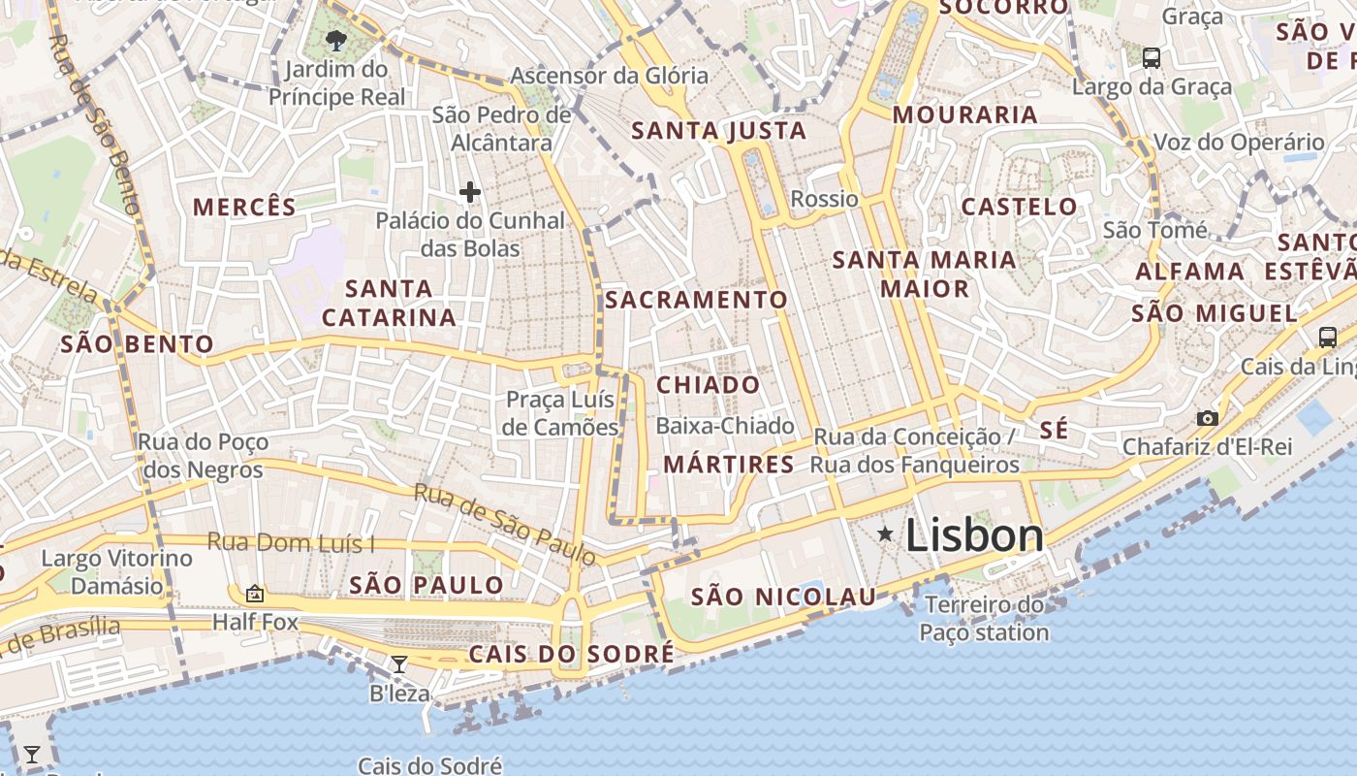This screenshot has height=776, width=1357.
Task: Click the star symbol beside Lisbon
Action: click(885, 533)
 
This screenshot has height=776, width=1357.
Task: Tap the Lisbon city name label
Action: click(974, 535)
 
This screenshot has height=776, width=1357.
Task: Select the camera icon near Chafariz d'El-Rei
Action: click(1207, 418)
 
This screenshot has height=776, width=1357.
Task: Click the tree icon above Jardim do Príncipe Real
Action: click(336, 41)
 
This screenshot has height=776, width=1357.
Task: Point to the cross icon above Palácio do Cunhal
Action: click(470, 192)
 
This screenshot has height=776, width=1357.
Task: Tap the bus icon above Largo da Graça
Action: click(1152, 57)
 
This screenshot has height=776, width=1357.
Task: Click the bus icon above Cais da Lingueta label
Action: click(1327, 338)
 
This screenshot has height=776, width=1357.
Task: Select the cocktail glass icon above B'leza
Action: click(398, 664)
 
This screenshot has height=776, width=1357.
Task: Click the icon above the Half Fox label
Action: click(255, 594)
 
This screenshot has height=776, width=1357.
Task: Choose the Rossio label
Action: click(825, 199)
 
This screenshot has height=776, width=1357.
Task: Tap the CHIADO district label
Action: click(709, 385)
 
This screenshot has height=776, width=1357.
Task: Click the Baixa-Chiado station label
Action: click(725, 426)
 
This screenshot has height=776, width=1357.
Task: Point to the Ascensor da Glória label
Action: click(609, 76)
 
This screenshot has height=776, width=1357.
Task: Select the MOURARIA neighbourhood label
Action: click(964, 114)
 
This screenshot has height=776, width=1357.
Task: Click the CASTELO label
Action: click(1019, 207)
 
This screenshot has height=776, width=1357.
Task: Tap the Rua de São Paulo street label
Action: click(504, 524)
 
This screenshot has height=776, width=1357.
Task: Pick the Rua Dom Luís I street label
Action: click(291, 543)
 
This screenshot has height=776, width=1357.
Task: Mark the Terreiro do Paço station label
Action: click(984, 619)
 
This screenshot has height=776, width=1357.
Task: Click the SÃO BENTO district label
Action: click(137, 344)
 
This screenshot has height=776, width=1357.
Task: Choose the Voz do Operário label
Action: click(1238, 143)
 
